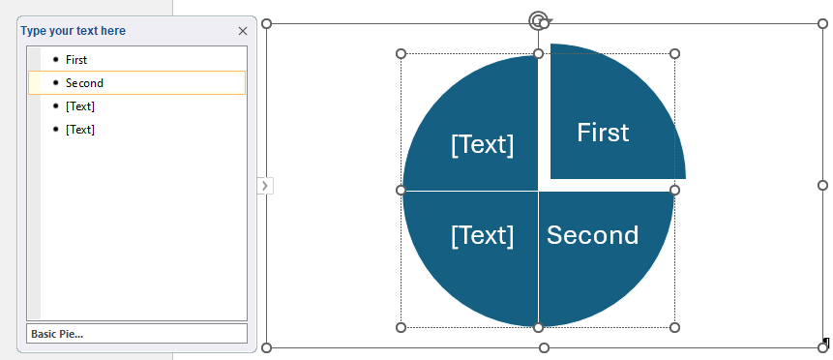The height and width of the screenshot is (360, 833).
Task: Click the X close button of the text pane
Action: [243, 31]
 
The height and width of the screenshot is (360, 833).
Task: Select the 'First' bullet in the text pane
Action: [76, 60]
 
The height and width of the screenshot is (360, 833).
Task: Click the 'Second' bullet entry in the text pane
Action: [84, 83]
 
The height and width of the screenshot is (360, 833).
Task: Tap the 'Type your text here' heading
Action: [74, 31]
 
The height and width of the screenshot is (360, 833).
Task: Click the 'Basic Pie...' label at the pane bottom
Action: [57, 334]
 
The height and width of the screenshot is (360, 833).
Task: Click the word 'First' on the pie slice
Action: [603, 133]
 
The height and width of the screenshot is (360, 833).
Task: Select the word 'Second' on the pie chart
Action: [592, 235]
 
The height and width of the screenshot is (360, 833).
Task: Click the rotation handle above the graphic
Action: [539, 20]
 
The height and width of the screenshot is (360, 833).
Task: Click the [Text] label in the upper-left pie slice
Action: [483, 144]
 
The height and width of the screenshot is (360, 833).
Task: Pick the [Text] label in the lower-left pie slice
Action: [483, 235]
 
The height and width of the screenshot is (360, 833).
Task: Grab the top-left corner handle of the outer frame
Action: [267, 24]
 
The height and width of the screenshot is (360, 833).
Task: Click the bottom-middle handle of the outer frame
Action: [544, 347]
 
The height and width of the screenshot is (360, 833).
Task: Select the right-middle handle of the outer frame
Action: [822, 185]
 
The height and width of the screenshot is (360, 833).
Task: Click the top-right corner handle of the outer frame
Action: [822, 24]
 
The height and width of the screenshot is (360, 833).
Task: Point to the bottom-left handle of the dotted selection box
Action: [402, 327]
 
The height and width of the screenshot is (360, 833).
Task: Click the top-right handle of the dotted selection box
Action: [674, 53]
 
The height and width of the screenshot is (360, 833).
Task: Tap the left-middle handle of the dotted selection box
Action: [402, 191]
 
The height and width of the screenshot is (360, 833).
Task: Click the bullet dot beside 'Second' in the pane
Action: [56, 83]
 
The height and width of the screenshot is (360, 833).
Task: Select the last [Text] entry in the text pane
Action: [80, 130]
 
